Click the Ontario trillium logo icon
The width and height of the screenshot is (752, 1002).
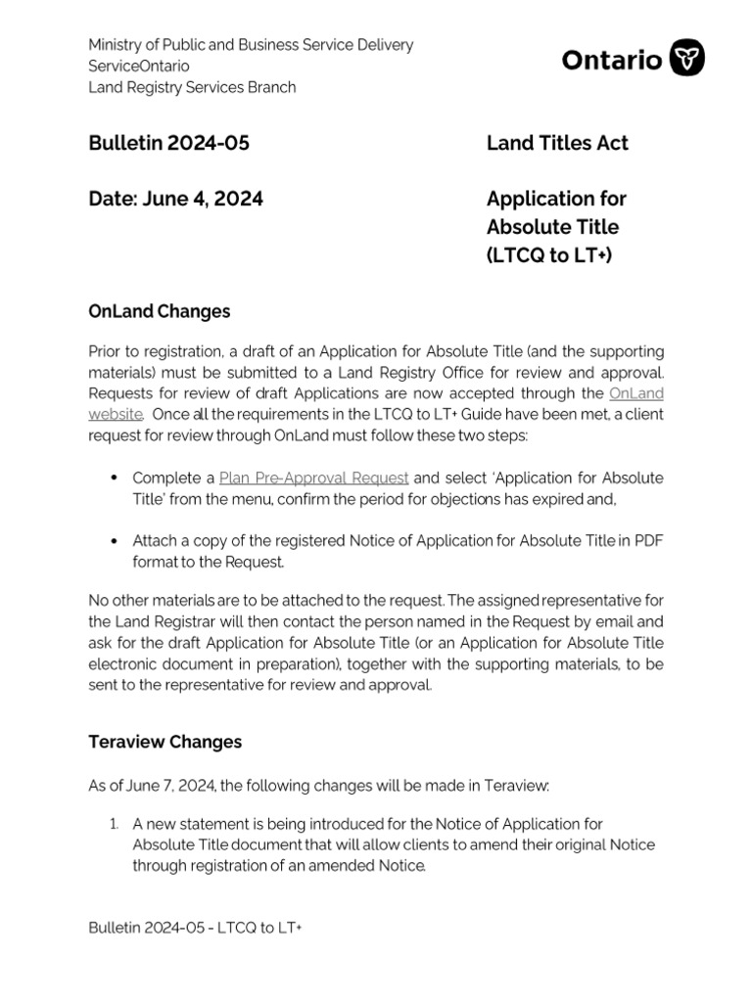pos(686,59)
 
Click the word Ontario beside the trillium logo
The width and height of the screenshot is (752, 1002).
pos(611,60)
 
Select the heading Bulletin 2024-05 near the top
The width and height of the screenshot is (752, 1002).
pos(168,143)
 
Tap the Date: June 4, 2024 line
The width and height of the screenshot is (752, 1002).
pos(175,199)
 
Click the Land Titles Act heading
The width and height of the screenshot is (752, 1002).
pos(557,143)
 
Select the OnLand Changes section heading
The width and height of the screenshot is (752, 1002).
pos(160,311)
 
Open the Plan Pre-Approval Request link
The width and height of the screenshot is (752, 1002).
pos(313,478)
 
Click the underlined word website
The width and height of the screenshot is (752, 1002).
pos(116,414)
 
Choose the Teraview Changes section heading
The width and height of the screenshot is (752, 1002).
pos(164,742)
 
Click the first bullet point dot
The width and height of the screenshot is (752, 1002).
pos(113,478)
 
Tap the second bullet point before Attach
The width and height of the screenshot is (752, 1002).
pos(113,541)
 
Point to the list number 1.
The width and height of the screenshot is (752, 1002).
pos(114,824)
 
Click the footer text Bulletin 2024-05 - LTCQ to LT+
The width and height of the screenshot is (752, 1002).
pos(195,927)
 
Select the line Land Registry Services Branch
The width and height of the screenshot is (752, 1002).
pos(192,87)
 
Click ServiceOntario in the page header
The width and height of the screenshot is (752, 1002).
pos(139,66)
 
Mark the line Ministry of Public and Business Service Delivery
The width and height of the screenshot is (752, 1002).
pos(251,45)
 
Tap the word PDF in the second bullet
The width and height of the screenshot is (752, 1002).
pos(648,541)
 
